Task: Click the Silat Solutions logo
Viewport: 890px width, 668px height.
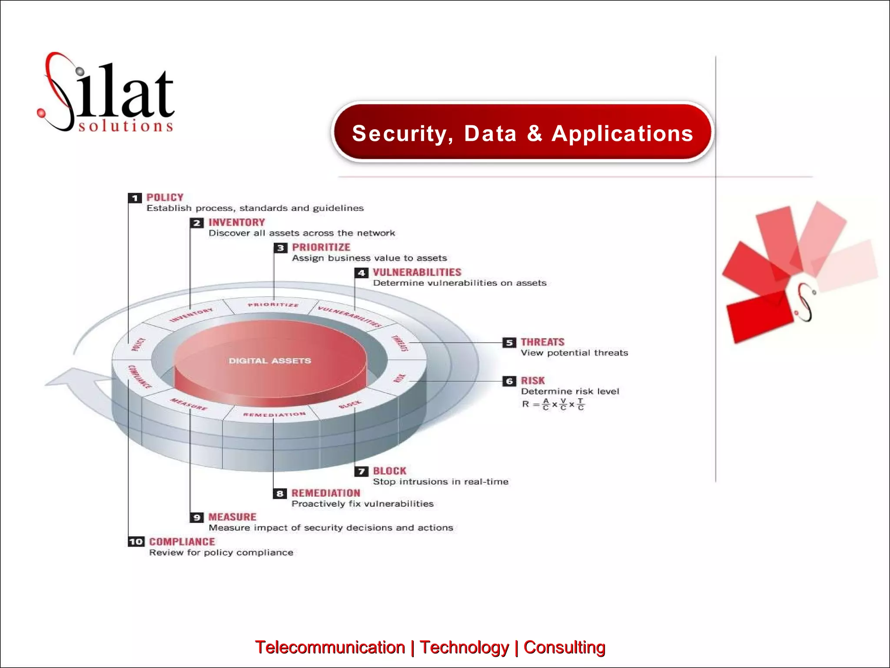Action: pos(106,94)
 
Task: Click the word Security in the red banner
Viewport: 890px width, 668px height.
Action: pos(399,134)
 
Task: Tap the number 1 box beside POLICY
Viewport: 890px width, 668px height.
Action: pos(135,198)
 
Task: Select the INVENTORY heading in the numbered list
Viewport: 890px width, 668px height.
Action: pos(236,223)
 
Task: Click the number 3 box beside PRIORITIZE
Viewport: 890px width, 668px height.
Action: pos(280,248)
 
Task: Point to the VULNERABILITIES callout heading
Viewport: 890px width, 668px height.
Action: pos(417,273)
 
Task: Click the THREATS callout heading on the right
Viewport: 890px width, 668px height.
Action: pos(542,342)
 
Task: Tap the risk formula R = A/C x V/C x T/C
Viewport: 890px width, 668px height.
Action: pos(553,404)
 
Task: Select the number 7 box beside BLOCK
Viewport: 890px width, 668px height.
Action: pos(361,471)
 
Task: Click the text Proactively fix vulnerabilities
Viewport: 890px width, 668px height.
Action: pos(362,504)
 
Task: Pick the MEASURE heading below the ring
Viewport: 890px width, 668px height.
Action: pos(232,517)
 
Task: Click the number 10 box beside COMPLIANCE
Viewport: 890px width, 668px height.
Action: pos(136,542)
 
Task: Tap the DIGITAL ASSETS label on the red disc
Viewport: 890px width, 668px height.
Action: pos(270,361)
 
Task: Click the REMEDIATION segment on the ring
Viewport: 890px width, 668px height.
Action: pos(274,414)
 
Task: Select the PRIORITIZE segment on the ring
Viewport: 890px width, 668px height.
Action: pos(273,305)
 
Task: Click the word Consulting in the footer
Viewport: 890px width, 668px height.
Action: pos(564,648)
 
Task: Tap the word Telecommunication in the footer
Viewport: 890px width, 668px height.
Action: pos(330,648)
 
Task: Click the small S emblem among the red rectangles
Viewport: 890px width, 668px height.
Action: pos(805,303)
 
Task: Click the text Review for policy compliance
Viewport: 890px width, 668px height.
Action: pos(221,553)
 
